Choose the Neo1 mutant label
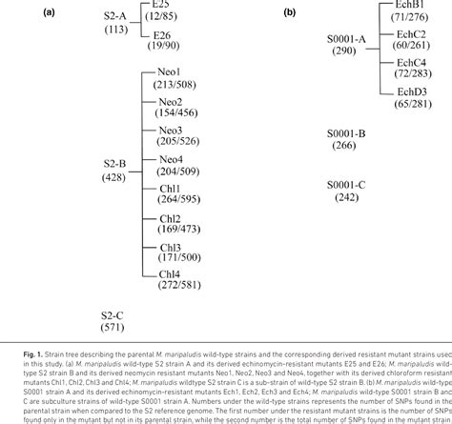click(172, 71)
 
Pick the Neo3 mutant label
click(172, 129)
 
